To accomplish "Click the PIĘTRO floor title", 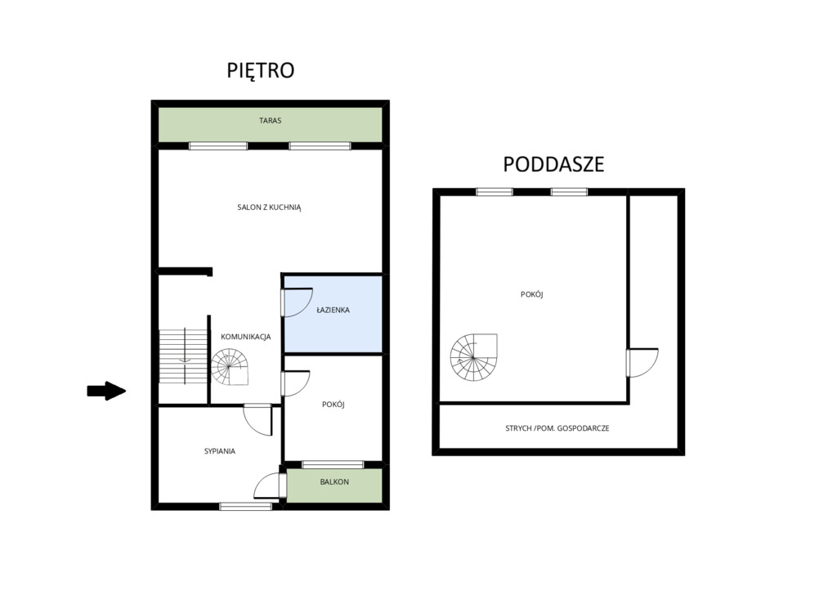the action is (x=261, y=70).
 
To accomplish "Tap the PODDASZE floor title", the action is (x=553, y=164).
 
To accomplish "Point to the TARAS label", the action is (x=270, y=121).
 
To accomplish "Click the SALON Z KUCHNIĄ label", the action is (x=269, y=207).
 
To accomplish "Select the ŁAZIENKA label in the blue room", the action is (x=333, y=310).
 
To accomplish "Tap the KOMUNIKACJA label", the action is (x=245, y=337).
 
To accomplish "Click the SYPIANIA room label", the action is (x=219, y=451).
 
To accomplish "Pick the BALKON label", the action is (x=334, y=481).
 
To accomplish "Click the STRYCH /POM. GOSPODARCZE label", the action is (x=557, y=428).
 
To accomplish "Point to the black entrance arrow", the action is (x=106, y=391).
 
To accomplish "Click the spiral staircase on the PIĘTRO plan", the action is (x=230, y=367).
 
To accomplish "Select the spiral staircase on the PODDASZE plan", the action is (x=473, y=357).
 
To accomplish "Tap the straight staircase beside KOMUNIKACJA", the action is (x=183, y=356).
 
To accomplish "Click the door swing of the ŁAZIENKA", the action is (x=297, y=302).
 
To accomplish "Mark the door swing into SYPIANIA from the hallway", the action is (x=258, y=420).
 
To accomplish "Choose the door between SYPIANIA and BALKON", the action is (x=267, y=486).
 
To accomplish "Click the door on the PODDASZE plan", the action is (x=642, y=363).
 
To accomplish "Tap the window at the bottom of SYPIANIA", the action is (x=245, y=506).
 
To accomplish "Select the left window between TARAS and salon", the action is (x=218, y=145).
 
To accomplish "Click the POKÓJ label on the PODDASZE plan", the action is (x=531, y=294).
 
